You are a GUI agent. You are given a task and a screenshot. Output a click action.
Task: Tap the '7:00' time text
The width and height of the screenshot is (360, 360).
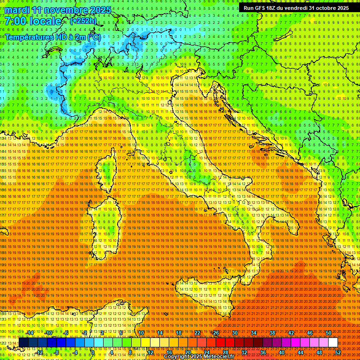pos(15,21)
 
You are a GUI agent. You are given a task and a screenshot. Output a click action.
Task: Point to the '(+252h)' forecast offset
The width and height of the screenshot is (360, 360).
pos(83,21)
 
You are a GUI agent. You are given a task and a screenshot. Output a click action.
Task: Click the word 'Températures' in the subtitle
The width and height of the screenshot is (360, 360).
pos(28,37)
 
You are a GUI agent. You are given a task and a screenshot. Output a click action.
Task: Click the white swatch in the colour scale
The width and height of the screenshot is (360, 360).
pos(333,343)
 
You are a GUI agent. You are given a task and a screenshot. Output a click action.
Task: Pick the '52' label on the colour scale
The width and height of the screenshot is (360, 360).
pos(337,352)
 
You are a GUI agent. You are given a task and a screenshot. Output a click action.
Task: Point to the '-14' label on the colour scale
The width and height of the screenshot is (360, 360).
pos(30,333)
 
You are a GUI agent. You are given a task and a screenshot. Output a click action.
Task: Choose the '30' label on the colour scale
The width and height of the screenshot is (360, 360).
pos(234,333)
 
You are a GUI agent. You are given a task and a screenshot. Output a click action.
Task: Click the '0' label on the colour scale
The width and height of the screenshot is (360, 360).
pos(93,352)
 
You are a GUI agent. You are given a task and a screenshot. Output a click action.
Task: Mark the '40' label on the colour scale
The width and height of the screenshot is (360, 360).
pos(281,352)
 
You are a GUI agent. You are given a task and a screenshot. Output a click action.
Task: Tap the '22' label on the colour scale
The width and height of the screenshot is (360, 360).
pos(197,333)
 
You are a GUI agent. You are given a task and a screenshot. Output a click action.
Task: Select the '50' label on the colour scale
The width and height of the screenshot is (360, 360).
pos(328,333)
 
